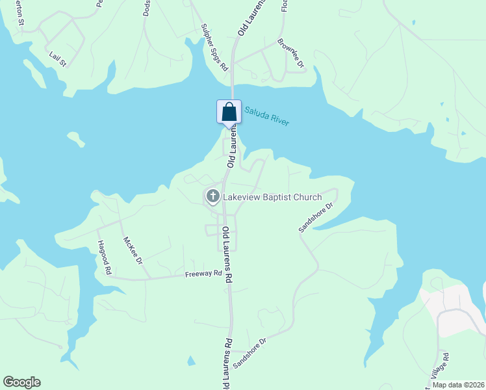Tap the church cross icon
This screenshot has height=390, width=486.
[212, 196]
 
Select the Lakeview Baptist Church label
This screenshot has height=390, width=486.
[272, 197]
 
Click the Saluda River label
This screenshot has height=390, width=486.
[267, 116]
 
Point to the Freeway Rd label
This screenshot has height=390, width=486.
[203, 274]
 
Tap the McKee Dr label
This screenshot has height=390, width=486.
[133, 250]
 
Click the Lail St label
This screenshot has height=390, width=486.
[58, 60]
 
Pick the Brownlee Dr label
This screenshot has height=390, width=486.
[290, 53]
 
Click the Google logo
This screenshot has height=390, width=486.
[21, 382]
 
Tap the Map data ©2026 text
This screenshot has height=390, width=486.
[459, 385]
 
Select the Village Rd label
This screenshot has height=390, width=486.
[446, 367]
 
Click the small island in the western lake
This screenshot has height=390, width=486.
[77, 139]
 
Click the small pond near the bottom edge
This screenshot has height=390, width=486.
[191, 361]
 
